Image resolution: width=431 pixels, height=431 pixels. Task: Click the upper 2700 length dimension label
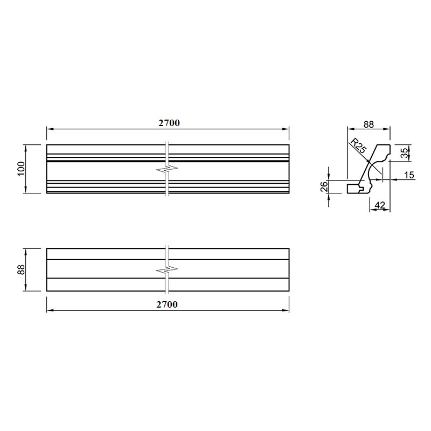[x=169, y=123]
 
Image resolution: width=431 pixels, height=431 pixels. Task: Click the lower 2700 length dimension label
[x=167, y=304]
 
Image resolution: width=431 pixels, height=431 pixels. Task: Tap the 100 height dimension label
[x=21, y=169]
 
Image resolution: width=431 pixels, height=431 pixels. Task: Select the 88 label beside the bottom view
[x=21, y=270]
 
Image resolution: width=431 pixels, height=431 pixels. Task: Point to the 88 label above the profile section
[x=369, y=124]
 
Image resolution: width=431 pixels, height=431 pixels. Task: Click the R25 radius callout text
[x=358, y=146]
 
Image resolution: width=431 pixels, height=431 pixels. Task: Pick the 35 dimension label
[x=404, y=154]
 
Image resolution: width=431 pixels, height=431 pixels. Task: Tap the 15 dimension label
[x=409, y=175]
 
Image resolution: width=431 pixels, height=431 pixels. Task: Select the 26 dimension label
[x=324, y=186]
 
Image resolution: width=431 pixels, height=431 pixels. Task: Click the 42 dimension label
[x=380, y=205]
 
